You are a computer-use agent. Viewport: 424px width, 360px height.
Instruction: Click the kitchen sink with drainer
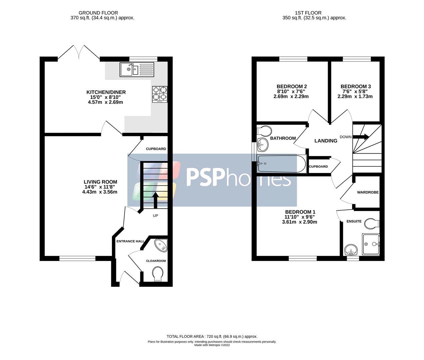[137, 70]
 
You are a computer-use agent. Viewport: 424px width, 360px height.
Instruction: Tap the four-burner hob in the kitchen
[160, 94]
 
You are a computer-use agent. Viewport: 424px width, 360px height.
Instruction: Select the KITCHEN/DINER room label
[106, 92]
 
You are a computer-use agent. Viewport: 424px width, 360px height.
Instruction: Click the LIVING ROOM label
[100, 182]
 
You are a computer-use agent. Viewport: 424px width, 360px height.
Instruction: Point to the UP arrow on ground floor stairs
[155, 199]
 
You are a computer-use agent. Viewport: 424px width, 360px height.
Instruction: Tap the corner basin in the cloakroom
[162, 245]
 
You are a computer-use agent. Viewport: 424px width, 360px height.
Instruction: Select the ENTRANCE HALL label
[130, 241]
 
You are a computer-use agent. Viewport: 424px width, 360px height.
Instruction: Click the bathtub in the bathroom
[282, 164]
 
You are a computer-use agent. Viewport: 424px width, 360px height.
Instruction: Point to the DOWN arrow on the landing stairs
[361, 137]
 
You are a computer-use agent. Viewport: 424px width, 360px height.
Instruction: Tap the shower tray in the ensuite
[371, 244]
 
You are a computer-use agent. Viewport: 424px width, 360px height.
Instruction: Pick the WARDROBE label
[368, 192]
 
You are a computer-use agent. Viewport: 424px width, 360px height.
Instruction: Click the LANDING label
[326, 141]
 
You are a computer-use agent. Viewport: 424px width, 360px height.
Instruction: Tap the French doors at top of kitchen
[79, 53]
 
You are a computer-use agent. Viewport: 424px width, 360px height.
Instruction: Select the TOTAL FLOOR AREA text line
[212, 336]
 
